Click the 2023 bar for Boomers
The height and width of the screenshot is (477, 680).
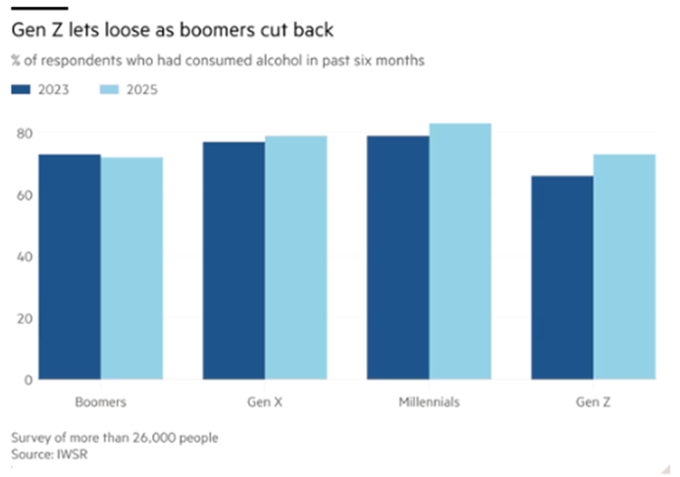point(70,267)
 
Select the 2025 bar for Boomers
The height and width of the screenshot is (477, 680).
point(131,268)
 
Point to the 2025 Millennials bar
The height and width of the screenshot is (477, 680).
point(459,251)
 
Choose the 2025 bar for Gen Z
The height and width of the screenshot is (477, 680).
point(623,267)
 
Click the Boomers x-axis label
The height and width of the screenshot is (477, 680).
point(100,402)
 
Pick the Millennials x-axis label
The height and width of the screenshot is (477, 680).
point(428,402)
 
